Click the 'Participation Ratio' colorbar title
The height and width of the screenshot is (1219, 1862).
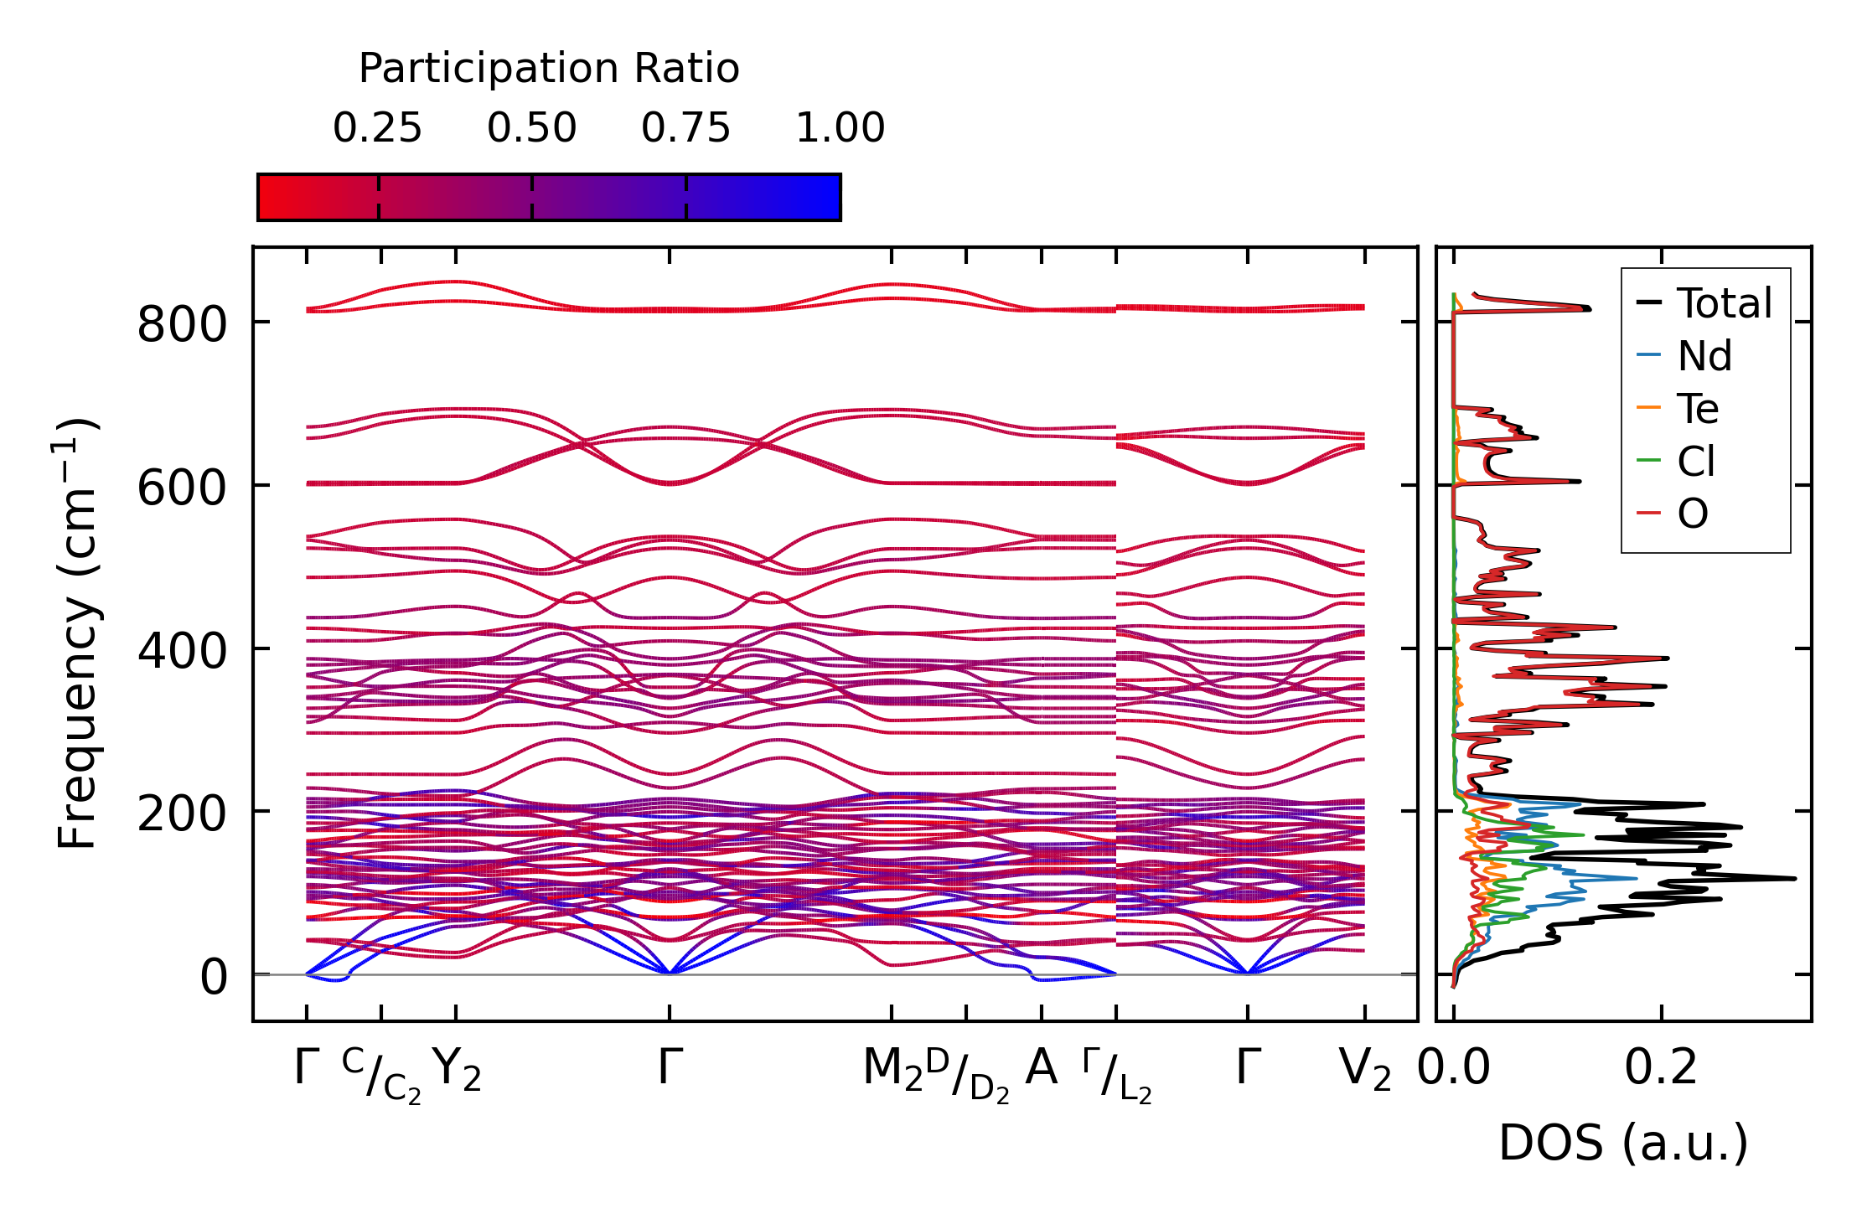pos(549,69)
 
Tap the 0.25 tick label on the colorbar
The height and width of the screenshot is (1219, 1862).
pos(377,128)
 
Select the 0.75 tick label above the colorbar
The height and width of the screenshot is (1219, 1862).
pos(685,128)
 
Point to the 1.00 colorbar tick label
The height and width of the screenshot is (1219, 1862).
pos(840,128)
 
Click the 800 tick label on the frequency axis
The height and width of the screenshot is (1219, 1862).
pos(182,324)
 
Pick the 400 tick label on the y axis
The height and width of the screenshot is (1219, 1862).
pos(182,651)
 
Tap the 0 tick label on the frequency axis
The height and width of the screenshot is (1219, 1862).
pos(213,977)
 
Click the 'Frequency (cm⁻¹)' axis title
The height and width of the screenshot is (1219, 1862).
pos(78,633)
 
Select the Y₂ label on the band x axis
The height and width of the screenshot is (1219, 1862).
pos(457,1069)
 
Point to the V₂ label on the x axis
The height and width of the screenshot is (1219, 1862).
pos(1365,1069)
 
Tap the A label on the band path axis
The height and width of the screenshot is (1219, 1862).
pos(1041,1067)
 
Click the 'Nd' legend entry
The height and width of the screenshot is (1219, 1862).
pos(1704,356)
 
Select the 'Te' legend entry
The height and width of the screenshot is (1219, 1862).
pos(1697,409)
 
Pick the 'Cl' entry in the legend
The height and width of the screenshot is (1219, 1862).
pos(1696,461)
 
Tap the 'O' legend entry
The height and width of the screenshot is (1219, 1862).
pos(1692,514)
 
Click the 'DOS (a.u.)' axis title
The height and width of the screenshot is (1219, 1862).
pos(1623,1143)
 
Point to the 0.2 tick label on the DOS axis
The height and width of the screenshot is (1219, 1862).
pos(1661,1068)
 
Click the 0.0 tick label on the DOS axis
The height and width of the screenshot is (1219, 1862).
pos(1454,1068)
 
